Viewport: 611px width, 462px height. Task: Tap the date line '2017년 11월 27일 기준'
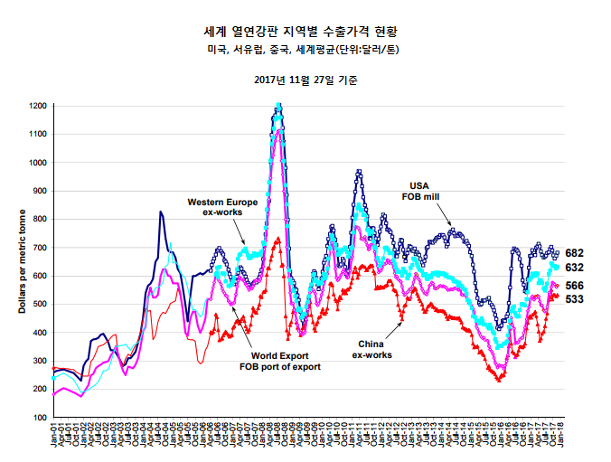pos(306,80)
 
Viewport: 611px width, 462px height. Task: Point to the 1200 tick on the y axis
pos(37,106)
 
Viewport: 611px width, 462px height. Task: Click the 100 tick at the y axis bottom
pos(40,418)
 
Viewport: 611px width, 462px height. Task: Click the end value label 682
pos(575,253)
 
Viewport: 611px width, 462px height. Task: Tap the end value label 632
pos(575,269)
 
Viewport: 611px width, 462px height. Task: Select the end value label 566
pos(575,286)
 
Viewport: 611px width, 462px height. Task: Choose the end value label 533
pos(575,299)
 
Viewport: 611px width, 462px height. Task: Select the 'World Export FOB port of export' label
pos(279,362)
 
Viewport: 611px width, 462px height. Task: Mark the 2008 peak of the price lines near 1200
pos(278,108)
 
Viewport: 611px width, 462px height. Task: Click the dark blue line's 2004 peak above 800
pos(161,212)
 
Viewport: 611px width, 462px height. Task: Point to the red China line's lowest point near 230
pos(498,380)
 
